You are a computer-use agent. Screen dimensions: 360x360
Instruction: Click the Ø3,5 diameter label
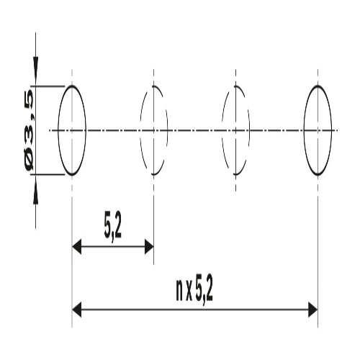(x=30, y=130)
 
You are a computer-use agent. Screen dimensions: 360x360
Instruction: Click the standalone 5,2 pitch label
(x=113, y=227)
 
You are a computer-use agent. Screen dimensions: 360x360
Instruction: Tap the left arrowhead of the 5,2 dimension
(x=76, y=246)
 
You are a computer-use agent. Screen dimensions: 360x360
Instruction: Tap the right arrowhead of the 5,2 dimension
(x=149, y=246)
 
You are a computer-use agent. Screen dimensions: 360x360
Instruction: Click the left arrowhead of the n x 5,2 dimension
(x=76, y=310)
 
